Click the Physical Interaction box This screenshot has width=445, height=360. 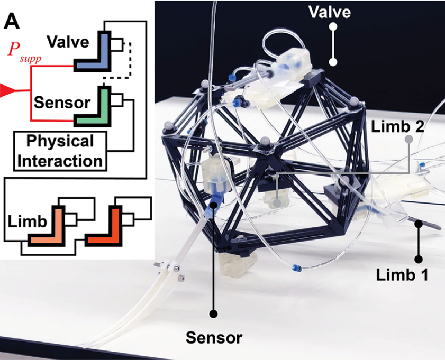point(59,150)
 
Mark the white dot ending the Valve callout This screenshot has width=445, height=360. point(334,62)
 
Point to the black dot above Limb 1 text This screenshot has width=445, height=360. point(419,259)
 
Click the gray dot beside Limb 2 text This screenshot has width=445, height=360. point(408,140)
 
